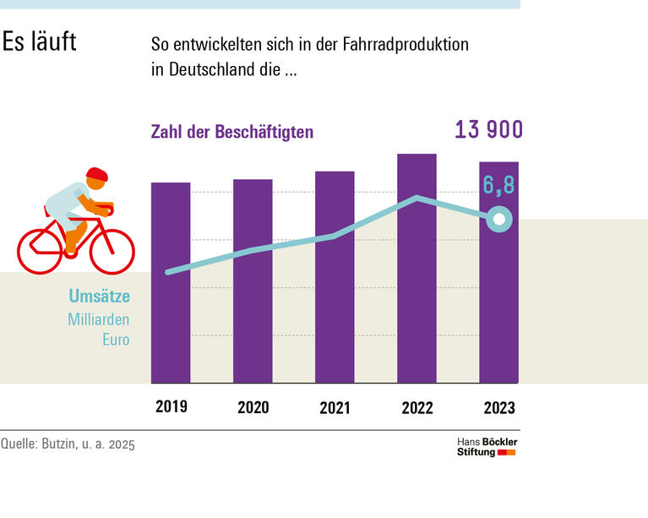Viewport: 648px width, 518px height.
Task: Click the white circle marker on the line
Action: [498, 221]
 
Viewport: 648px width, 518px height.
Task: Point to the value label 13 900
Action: [488, 130]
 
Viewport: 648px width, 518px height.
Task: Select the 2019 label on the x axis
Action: [171, 406]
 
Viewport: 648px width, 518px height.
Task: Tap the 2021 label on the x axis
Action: [335, 408]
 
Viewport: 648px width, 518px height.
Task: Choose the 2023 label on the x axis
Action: [498, 408]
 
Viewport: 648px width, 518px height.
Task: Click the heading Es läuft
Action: [39, 42]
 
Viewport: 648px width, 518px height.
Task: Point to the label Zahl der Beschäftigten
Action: [231, 133]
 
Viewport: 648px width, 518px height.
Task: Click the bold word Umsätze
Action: [99, 297]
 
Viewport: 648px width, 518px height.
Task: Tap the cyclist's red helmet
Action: [97, 175]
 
